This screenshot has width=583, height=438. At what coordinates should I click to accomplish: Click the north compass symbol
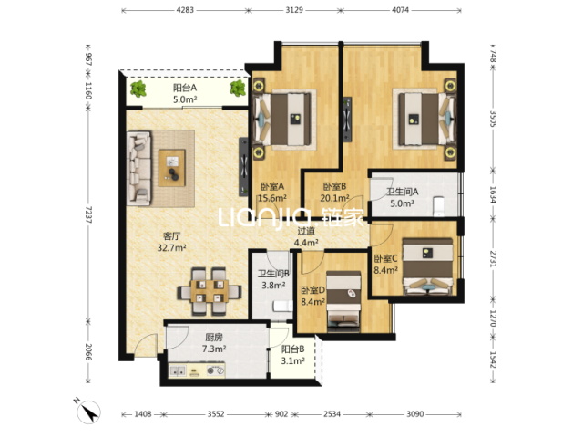88,412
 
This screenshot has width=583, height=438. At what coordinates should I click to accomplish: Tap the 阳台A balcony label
185,88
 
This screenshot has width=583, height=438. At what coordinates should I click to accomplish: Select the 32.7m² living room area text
172,247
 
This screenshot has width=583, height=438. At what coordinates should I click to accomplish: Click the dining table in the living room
210,291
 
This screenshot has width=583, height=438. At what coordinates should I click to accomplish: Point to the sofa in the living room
139,168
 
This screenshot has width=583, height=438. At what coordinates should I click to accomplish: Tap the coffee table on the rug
172,168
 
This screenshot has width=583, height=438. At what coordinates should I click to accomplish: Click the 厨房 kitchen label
214,338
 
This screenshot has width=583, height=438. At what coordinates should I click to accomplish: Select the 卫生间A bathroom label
403,192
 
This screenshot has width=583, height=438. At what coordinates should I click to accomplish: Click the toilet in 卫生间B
282,307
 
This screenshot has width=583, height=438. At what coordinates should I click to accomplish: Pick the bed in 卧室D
343,302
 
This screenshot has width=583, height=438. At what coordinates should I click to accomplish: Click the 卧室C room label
385,258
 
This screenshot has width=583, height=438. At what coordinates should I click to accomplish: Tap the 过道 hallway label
306,231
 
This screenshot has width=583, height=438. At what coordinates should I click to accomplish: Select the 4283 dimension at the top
185,10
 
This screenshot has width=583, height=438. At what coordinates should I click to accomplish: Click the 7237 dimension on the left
88,214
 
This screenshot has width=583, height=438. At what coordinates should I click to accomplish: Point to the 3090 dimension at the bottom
414,413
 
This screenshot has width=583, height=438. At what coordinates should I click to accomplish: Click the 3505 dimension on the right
493,119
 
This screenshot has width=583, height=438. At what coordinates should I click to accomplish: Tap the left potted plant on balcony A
138,89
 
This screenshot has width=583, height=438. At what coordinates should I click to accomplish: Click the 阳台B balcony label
293,349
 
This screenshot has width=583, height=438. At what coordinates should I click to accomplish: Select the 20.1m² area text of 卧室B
334,198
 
